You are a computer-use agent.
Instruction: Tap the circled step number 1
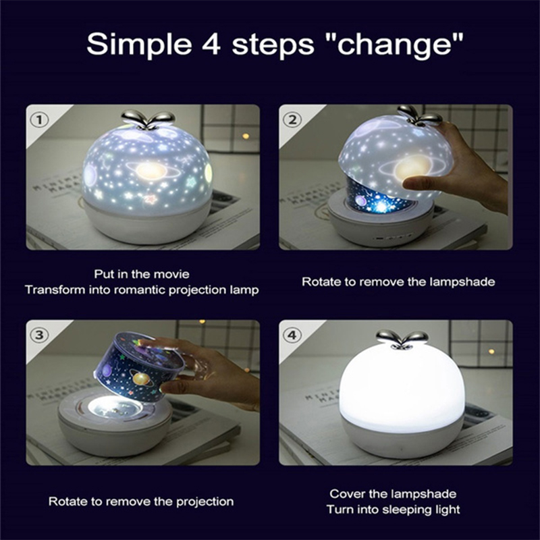pyautogui.click(x=39, y=119)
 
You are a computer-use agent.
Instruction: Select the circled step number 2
pyautogui.click(x=292, y=119)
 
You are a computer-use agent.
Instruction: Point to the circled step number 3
pyautogui.click(x=39, y=335)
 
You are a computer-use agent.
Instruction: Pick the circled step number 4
pyautogui.click(x=292, y=335)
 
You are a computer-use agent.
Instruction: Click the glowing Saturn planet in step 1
pyautogui.click(x=151, y=170)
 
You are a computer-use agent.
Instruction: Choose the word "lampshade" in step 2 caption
pyautogui.click(x=462, y=282)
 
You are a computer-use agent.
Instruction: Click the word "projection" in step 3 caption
pyautogui.click(x=205, y=502)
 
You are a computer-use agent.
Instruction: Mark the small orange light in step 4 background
pyautogui.click(x=491, y=351)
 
